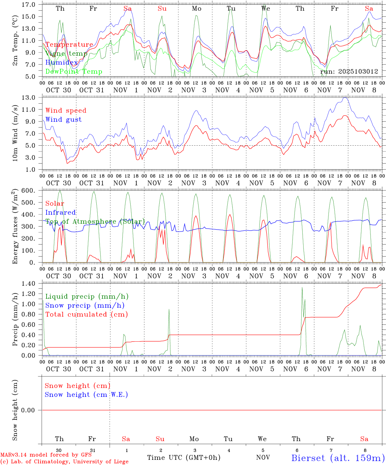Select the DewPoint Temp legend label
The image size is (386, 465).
click(x=74, y=72)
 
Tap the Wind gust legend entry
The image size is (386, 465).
click(x=63, y=119)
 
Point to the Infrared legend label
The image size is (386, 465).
click(x=60, y=212)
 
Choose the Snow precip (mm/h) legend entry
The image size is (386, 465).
click(x=85, y=305)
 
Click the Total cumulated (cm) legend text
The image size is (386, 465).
click(x=86, y=315)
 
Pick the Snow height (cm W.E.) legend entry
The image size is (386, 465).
click(x=86, y=395)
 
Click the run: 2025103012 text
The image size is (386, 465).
click(x=349, y=72)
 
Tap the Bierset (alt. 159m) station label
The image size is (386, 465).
click(x=338, y=458)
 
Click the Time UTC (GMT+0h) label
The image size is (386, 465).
click(x=184, y=458)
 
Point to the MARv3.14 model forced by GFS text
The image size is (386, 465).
click(x=46, y=455)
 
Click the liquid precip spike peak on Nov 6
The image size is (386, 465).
click(x=302, y=287)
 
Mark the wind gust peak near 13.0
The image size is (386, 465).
click(x=345, y=98)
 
